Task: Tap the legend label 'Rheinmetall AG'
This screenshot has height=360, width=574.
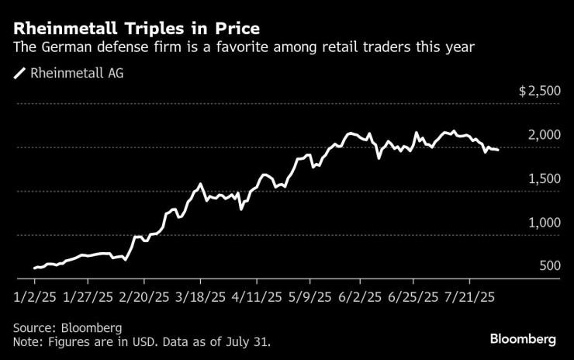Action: point(77,74)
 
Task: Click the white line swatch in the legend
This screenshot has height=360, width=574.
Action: point(19,74)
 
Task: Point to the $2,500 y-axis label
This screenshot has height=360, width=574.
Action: point(539,91)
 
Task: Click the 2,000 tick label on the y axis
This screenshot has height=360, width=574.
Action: point(544,135)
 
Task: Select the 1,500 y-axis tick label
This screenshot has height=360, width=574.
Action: point(544,178)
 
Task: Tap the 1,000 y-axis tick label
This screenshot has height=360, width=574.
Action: point(544,223)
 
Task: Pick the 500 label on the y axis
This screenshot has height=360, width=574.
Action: point(548,266)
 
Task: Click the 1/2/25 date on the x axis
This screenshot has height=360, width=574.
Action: point(36,297)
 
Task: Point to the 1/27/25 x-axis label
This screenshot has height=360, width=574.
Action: point(88,297)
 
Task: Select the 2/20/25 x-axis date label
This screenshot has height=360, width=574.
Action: point(143,297)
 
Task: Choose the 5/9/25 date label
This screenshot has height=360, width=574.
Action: point(310,297)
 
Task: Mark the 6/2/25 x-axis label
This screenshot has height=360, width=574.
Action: point(361,297)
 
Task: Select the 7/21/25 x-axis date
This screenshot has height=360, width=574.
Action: point(469,297)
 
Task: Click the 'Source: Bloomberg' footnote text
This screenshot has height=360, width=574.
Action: point(67,327)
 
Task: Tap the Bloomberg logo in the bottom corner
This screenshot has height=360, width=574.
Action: point(523,339)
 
